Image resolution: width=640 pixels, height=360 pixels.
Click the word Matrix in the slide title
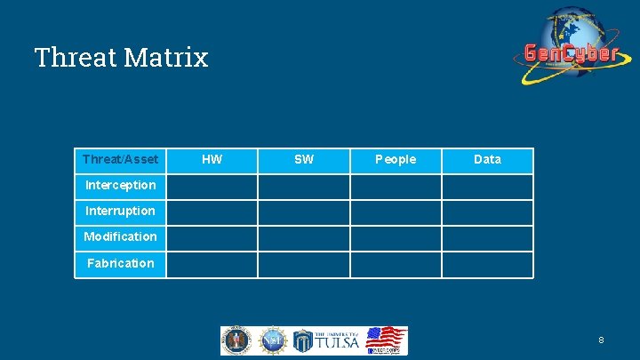click(166, 58)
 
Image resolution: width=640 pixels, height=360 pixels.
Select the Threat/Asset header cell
click(120, 160)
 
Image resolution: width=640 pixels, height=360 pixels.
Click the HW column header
click(212, 160)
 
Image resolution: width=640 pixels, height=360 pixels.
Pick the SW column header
click(304, 160)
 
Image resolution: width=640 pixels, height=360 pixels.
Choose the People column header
click(396, 160)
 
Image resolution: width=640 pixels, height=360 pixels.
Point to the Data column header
click(487, 160)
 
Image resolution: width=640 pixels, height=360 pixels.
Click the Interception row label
click(120, 186)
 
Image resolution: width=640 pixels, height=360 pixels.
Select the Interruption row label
click(120, 212)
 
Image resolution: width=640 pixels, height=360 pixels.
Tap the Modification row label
click(120, 237)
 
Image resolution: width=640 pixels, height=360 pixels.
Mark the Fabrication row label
click(120, 263)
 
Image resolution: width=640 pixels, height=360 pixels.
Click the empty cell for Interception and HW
click(212, 186)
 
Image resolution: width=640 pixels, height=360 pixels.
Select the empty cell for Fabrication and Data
click(487, 264)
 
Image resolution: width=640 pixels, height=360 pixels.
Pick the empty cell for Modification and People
click(396, 238)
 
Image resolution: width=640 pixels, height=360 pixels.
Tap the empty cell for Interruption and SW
click(304, 212)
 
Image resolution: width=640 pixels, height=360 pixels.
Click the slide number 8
click(602, 340)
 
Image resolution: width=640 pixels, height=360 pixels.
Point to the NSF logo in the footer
click(272, 340)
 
